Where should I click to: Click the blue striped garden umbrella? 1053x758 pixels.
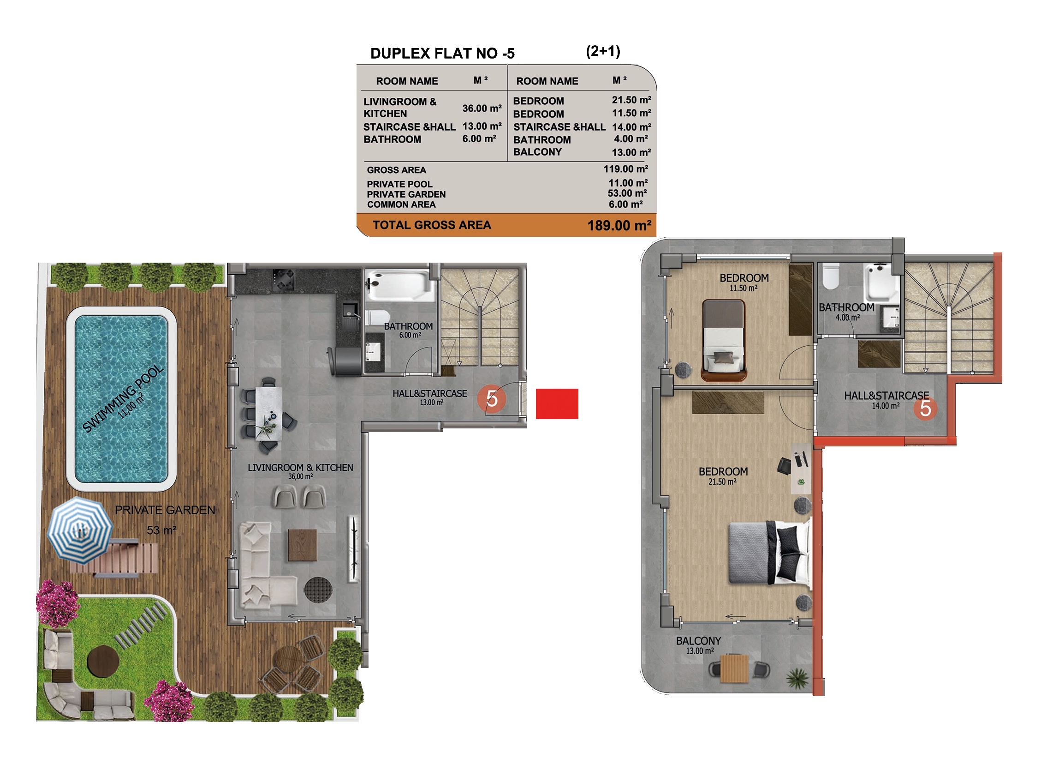click(x=80, y=530)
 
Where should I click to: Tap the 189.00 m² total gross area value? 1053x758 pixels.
click(x=619, y=226)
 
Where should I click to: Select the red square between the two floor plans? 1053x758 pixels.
click(x=557, y=404)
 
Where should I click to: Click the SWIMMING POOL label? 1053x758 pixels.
click(x=123, y=399)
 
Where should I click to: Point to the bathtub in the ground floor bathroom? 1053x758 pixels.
click(x=400, y=285)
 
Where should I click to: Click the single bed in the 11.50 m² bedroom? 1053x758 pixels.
click(x=723, y=340)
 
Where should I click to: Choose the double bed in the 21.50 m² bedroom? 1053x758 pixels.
click(x=770, y=552)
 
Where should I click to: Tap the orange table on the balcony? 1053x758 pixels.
click(x=734, y=668)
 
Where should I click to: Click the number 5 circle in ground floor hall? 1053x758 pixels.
click(x=492, y=398)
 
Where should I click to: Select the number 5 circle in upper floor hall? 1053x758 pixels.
click(x=925, y=409)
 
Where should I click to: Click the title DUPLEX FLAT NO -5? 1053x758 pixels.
click(x=442, y=54)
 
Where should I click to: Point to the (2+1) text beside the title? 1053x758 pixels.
click(x=603, y=51)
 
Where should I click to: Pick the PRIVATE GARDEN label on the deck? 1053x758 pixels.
click(x=165, y=510)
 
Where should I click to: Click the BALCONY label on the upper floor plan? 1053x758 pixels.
click(x=698, y=641)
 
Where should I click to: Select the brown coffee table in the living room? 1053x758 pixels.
click(x=302, y=545)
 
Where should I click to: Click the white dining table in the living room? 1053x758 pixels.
click(x=268, y=413)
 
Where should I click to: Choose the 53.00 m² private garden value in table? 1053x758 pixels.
click(x=627, y=193)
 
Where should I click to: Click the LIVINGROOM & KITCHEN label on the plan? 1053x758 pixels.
click(x=300, y=468)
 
